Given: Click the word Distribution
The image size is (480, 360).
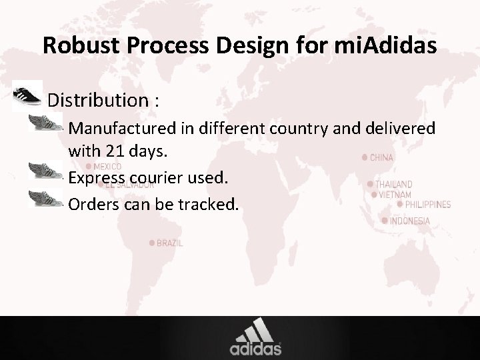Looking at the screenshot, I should pos(99,101).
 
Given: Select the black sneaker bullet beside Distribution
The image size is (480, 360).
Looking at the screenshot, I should pos(27,95).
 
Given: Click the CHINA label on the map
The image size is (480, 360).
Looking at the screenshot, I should pos(381,158).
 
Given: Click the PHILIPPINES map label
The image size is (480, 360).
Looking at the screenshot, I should pos(427,205).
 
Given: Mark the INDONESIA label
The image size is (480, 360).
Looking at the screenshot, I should pos(409,221).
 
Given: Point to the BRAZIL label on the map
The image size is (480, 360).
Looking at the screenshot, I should pos(169,244).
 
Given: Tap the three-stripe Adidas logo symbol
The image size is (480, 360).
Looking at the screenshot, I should pos(255,329).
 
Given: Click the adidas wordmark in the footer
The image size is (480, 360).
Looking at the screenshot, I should pos(255,349).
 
